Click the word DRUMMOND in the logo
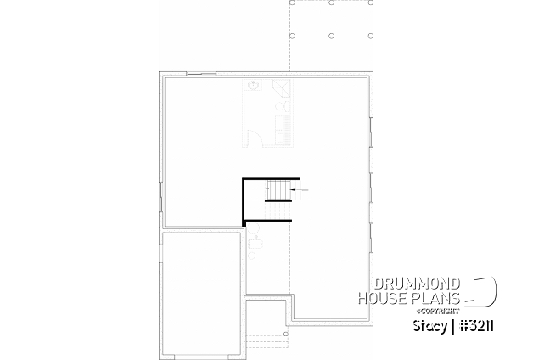(417, 283)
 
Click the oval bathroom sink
(252, 85)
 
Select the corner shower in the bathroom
(283, 87)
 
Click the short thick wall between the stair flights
(278, 199)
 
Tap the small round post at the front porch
(287, 336)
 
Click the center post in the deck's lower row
(330, 36)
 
